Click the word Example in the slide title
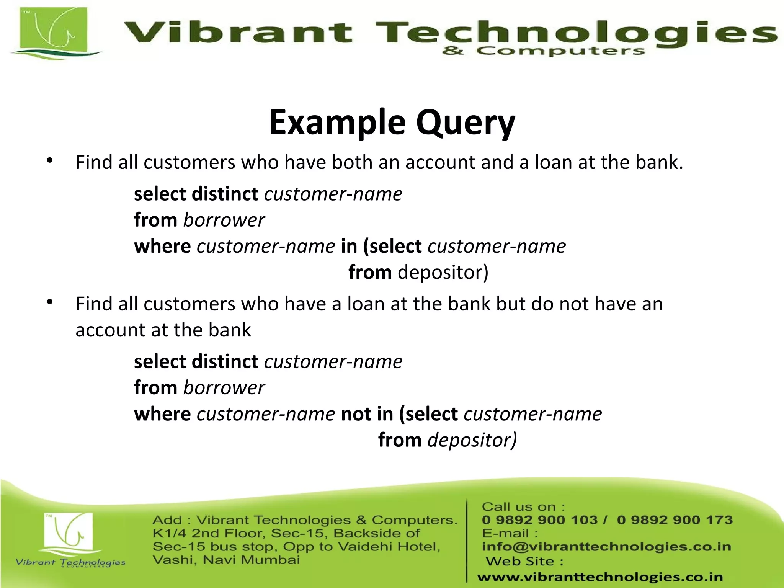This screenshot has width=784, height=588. pyautogui.click(x=337, y=123)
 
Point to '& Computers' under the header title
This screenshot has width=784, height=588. pyautogui.click(x=543, y=51)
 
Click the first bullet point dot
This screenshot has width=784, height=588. pyautogui.click(x=50, y=161)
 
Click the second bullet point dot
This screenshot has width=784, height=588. pyautogui.click(x=50, y=302)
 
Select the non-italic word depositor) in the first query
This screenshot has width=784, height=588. pyautogui.click(x=443, y=273)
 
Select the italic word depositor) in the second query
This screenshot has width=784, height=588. pyautogui.click(x=472, y=440)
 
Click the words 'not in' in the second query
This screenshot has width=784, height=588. pyautogui.click(x=367, y=414)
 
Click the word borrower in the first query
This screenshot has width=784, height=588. pyautogui.click(x=224, y=220)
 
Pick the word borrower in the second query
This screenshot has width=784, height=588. pyautogui.click(x=224, y=388)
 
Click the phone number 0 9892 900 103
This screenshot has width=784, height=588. pyautogui.click(x=539, y=520)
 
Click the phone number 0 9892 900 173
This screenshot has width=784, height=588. pyautogui.click(x=675, y=520)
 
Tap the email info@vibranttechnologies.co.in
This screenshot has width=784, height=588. pyautogui.click(x=606, y=547)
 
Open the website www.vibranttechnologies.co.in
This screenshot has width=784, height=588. pyautogui.click(x=600, y=577)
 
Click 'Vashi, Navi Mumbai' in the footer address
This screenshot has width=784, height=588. pyautogui.click(x=226, y=560)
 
